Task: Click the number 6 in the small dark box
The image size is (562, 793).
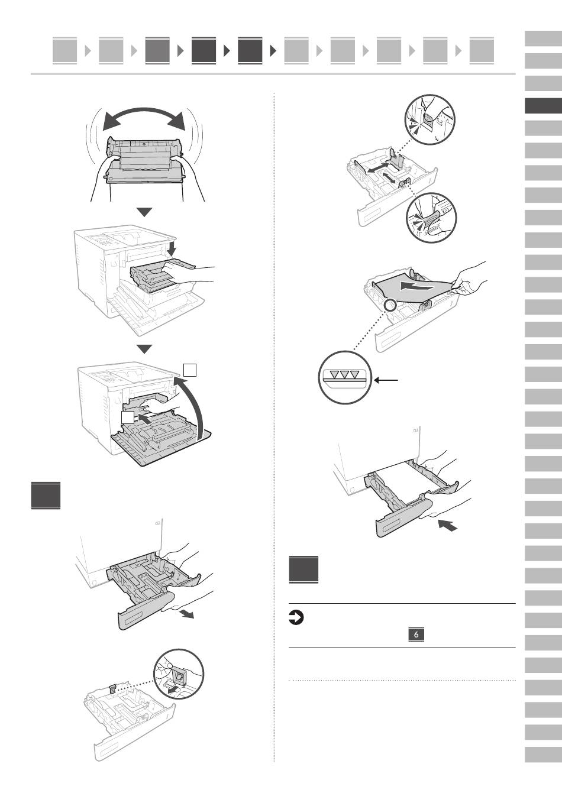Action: tap(416, 635)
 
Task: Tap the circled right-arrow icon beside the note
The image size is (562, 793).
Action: tap(296, 618)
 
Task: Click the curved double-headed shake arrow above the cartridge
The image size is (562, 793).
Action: tap(146, 119)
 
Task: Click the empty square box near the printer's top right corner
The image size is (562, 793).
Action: tap(190, 369)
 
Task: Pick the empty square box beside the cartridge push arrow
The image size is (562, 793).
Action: tap(128, 417)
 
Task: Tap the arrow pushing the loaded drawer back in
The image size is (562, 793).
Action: tap(447, 525)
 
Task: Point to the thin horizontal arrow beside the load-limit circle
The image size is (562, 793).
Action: tap(386, 380)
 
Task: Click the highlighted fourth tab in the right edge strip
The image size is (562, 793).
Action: tap(543, 106)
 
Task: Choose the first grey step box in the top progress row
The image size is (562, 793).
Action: tap(65, 51)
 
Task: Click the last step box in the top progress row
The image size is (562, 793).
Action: tap(482, 51)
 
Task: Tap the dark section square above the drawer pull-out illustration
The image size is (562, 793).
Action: tap(46, 496)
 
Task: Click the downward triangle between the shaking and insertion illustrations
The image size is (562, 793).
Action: tap(144, 212)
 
